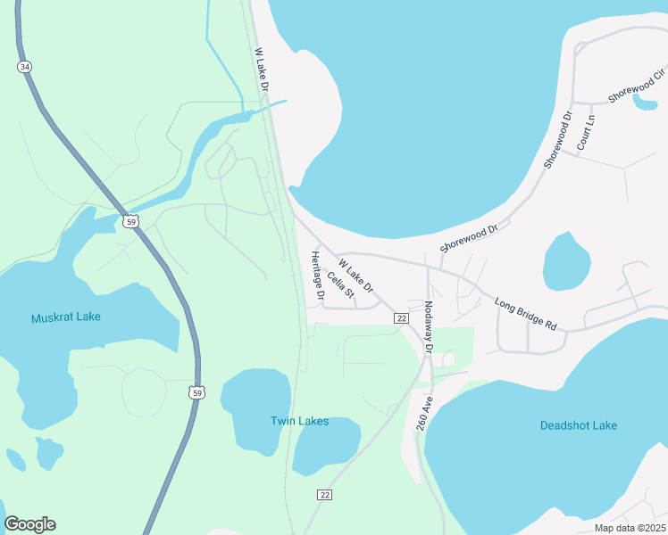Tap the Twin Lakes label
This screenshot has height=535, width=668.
coord(300,421)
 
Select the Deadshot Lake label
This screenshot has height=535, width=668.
coord(578,426)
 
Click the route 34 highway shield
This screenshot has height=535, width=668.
coord(24,67)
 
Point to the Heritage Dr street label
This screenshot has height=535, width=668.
coord(315,275)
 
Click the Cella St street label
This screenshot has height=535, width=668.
coord(341,284)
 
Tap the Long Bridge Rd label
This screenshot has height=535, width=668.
coord(525,314)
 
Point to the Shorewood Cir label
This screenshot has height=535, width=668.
coord(636,85)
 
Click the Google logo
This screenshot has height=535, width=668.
coord(29,524)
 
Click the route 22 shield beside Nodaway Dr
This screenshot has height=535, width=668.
coord(402,318)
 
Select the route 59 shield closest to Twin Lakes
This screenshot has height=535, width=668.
coord(196,391)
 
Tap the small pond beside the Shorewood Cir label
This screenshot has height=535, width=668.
coord(645,101)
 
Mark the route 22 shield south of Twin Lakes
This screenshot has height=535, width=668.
coord(323,494)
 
